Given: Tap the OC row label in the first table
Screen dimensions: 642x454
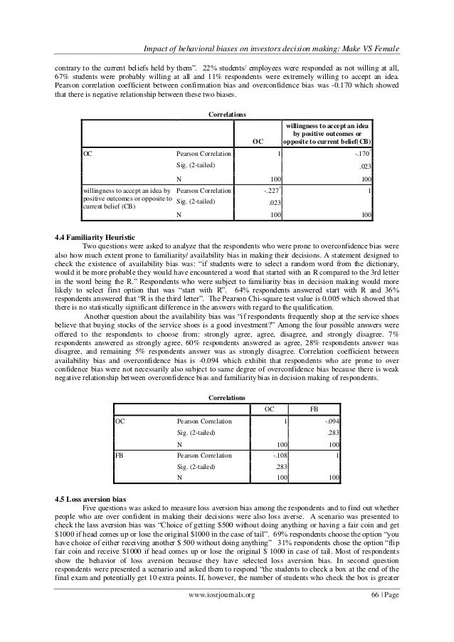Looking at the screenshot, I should click(x=88, y=153).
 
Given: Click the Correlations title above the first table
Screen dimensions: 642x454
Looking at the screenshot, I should click(x=226, y=114).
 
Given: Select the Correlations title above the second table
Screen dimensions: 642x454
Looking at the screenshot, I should click(x=226, y=396).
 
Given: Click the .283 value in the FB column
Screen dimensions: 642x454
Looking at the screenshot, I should click(x=331, y=432).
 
